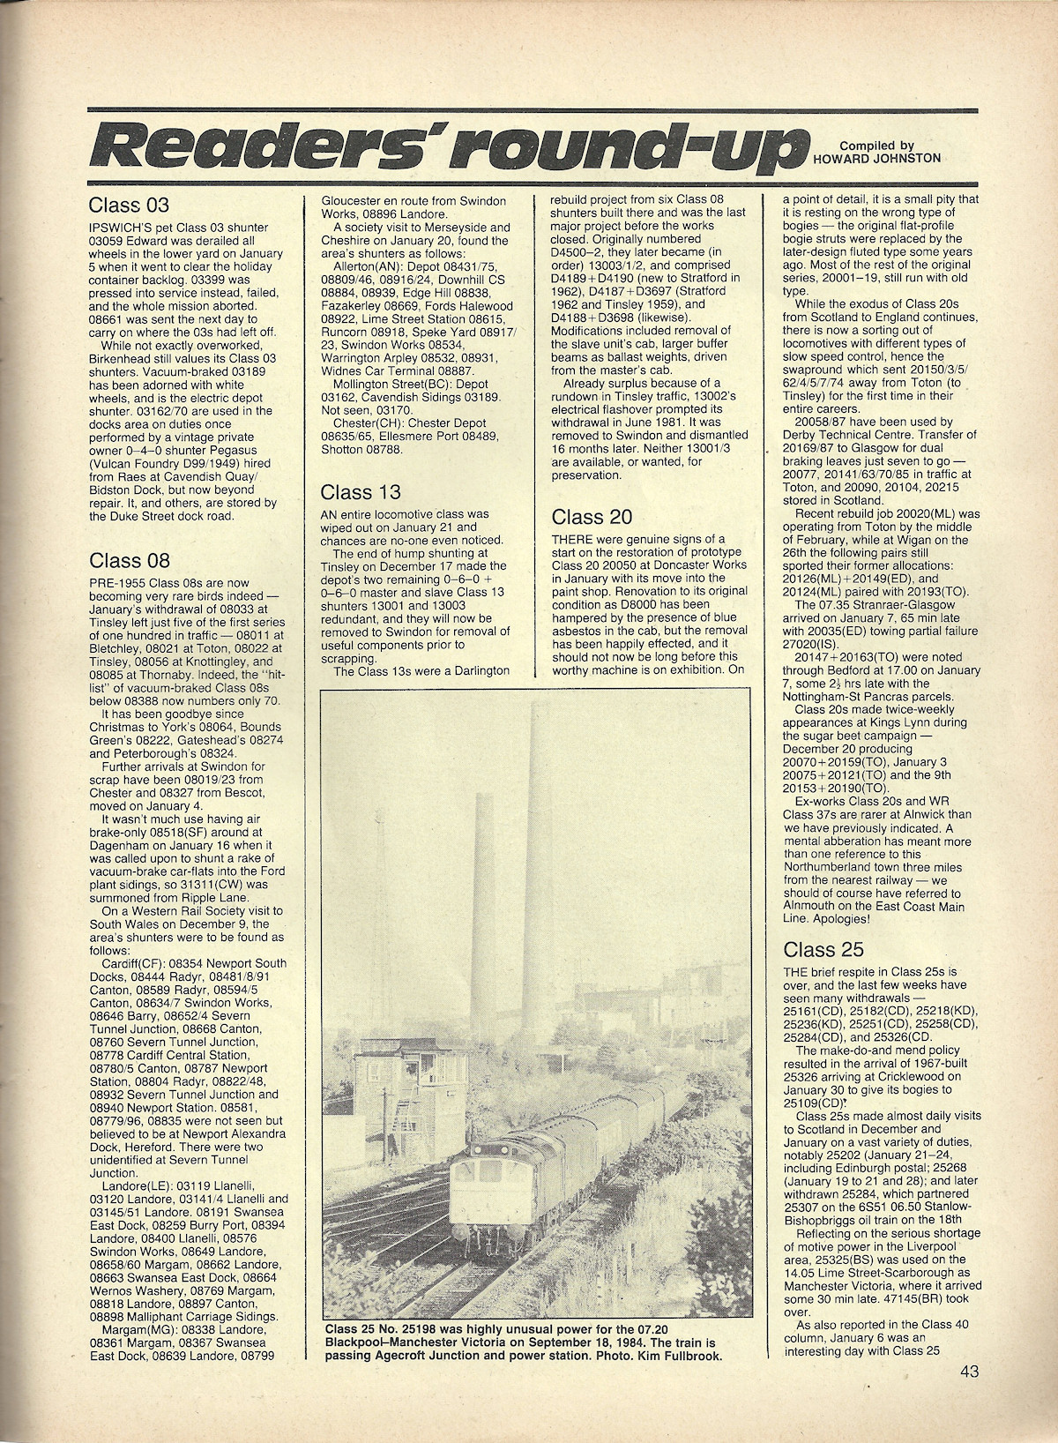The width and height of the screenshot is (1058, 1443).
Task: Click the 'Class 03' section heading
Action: click(x=129, y=206)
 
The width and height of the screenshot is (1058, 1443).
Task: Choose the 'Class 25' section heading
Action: click(x=823, y=950)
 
